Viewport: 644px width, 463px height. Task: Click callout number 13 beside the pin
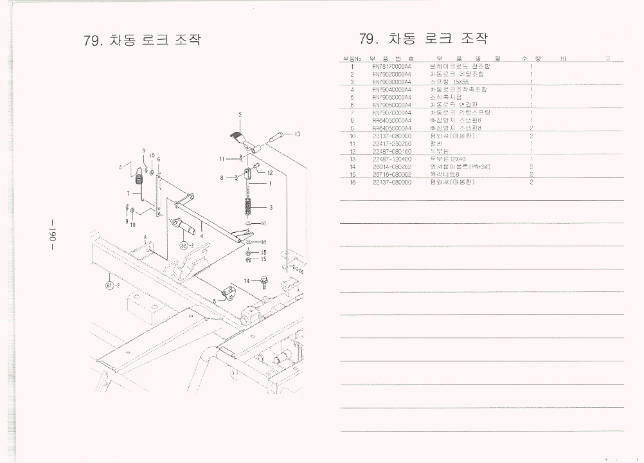(298, 134)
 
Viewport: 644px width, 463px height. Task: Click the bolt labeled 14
(264, 281)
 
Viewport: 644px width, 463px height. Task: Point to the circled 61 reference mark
(111, 285)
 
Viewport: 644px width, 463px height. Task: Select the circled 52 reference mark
(184, 245)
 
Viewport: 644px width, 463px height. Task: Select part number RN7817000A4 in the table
(391, 66)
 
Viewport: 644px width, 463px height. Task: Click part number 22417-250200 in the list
(391, 143)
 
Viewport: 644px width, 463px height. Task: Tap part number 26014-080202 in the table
(391, 167)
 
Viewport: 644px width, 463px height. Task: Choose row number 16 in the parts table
(352, 182)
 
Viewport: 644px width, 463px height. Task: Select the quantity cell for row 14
(532, 167)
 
